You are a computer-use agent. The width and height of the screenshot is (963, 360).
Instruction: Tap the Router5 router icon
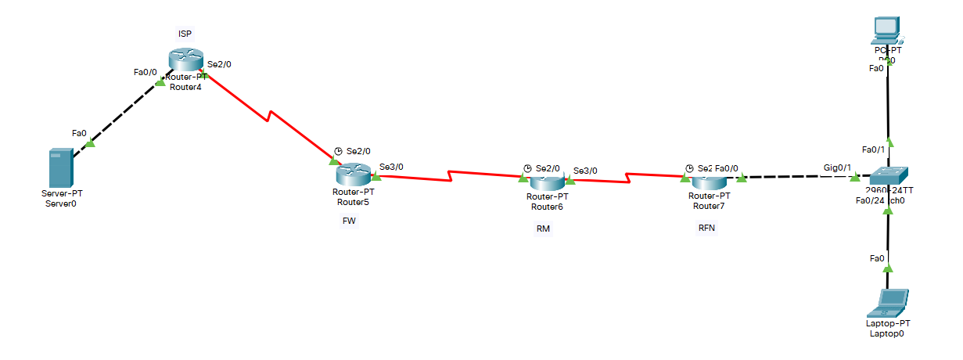tap(354, 174)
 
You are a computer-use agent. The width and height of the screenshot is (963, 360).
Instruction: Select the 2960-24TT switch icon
tap(888, 177)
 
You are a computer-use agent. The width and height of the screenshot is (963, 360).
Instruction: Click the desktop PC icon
tap(886, 30)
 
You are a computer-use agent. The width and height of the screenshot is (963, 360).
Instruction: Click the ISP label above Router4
tap(185, 33)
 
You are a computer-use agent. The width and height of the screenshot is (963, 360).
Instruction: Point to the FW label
tap(349, 221)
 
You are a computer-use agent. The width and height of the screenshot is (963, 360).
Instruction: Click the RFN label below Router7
tap(706, 228)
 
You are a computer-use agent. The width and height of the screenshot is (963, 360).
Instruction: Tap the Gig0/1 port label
tap(837, 167)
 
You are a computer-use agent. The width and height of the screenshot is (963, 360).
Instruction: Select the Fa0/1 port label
tap(872, 149)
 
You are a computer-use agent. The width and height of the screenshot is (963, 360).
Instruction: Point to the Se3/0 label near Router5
tap(391, 167)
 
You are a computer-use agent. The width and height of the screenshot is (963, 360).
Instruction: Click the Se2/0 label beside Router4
tap(220, 64)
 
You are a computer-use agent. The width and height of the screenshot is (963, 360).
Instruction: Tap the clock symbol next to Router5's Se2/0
tap(337, 151)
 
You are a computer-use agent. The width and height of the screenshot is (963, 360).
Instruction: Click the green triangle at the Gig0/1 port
tap(855, 178)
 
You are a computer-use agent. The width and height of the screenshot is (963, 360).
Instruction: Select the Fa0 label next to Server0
tap(78, 133)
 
